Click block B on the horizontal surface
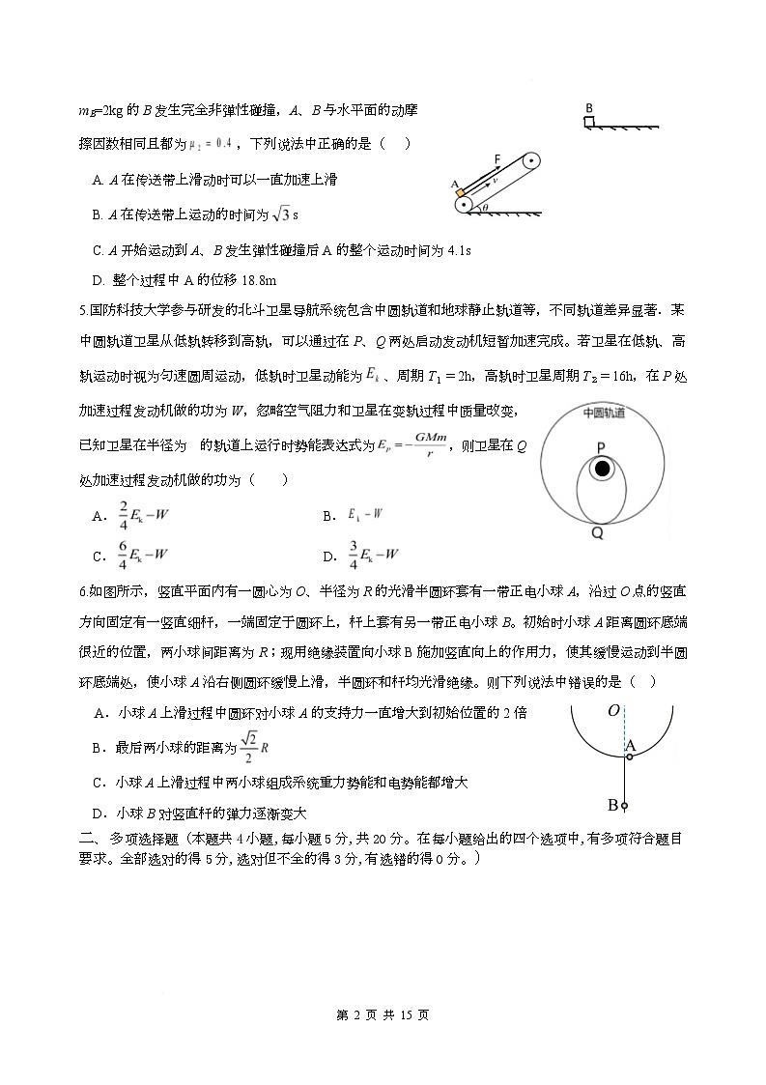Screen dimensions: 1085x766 (588, 122)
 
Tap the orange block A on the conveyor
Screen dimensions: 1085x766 (458, 190)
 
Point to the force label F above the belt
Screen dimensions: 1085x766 (496, 157)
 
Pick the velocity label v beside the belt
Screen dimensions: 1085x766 (495, 180)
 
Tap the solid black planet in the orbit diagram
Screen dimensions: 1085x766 (603, 469)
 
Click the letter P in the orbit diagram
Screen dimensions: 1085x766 (601, 446)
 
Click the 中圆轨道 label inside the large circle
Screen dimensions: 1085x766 (604, 413)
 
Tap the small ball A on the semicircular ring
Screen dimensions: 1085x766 (628, 757)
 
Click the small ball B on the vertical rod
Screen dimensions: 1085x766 (626, 806)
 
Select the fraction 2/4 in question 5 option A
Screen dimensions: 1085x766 (123, 515)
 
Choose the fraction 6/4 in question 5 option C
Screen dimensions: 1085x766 (123, 555)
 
